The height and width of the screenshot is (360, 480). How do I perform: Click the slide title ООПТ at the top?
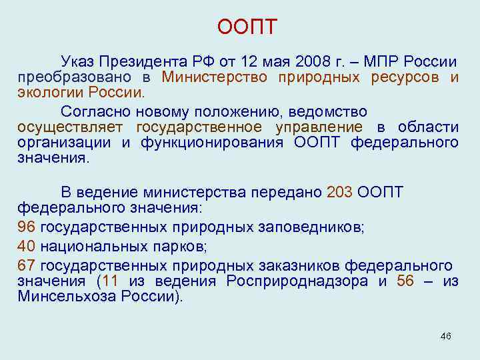coord(247,28)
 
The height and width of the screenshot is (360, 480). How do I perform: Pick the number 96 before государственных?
coord(27,227)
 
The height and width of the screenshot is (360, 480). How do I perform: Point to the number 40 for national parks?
coord(27,246)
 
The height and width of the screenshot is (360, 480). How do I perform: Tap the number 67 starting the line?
coord(27,265)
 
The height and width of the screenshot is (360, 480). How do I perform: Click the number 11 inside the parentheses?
coord(111,281)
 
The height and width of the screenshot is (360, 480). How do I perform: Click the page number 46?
coord(446,335)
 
